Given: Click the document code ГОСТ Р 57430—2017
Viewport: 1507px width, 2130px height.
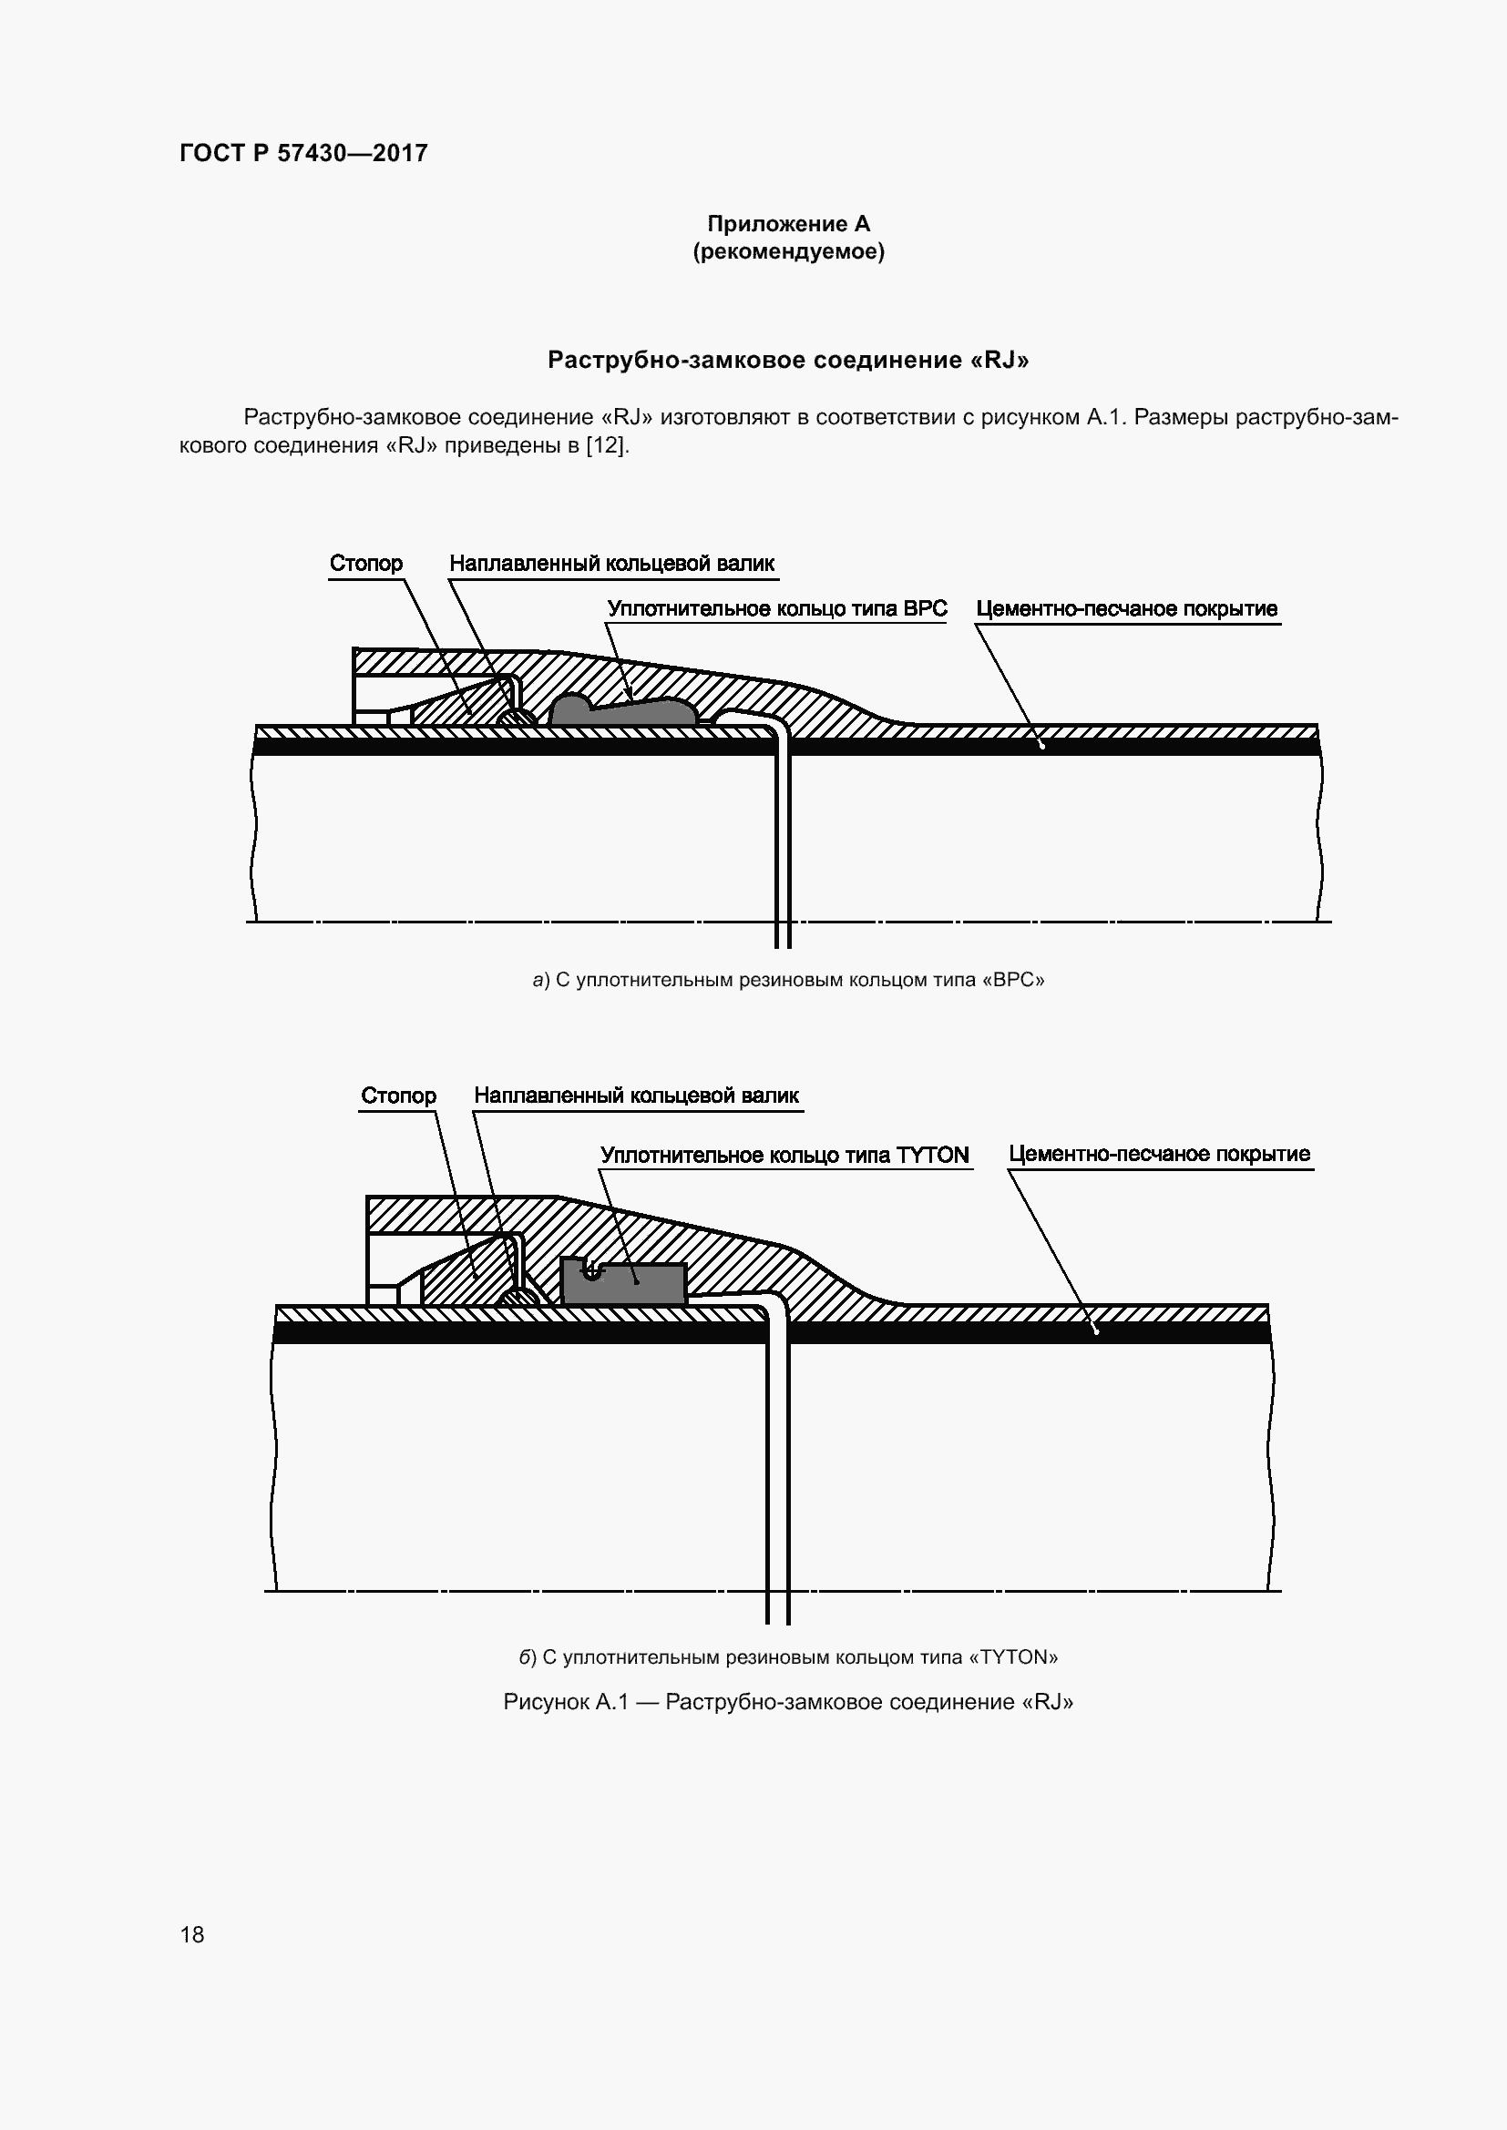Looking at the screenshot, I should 303,153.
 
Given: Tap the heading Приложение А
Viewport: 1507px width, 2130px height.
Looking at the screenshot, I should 788,224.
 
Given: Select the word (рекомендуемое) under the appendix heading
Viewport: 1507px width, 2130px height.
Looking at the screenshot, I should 788,251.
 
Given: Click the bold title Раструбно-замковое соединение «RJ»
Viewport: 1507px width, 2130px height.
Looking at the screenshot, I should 788,360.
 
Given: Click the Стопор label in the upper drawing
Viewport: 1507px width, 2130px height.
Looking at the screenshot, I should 365,563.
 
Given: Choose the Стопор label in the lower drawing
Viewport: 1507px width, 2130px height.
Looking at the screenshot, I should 398,1096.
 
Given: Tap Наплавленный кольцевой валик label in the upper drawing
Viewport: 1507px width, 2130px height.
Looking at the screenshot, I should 611,563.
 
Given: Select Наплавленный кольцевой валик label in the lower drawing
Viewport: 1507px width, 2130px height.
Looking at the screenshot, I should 636,1096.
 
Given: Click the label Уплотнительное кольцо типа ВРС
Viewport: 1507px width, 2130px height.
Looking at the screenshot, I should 776,608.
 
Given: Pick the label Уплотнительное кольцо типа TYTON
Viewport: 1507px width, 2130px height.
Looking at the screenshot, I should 784,1155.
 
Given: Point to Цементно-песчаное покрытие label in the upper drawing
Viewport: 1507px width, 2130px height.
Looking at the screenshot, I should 1126,608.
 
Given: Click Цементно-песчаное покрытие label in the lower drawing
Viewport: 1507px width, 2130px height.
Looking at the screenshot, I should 1159,1154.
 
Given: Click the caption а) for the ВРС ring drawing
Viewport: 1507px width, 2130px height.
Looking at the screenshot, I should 788,980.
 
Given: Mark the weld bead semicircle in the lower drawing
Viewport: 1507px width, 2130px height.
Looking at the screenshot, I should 517,1298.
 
